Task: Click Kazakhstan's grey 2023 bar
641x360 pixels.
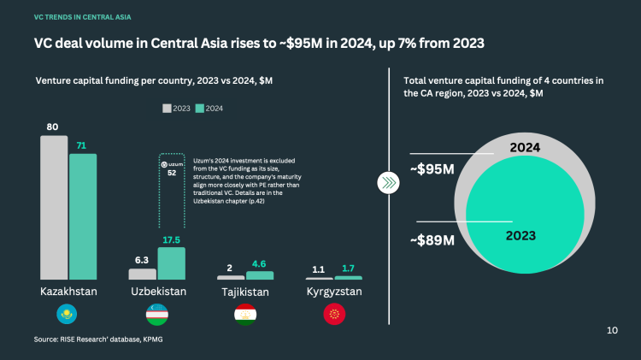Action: coord(54,208)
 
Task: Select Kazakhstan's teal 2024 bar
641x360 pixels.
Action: coord(83,216)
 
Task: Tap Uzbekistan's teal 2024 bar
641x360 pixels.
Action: coord(172,263)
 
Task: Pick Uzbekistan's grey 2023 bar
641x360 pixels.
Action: coord(143,274)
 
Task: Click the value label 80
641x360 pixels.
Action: coord(53,127)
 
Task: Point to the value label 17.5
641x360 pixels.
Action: coord(172,240)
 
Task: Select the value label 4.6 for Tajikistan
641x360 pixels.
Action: coord(260,265)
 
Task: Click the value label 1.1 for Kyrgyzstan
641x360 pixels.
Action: coord(319,269)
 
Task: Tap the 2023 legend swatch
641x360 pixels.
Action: coord(168,109)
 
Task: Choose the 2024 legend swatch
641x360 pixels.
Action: coord(199,109)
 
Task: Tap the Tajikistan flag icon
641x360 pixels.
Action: coord(244,315)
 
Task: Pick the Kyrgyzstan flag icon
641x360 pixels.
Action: coord(334,315)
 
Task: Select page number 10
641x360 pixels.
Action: coord(611,330)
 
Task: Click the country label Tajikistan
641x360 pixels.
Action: coord(244,292)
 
